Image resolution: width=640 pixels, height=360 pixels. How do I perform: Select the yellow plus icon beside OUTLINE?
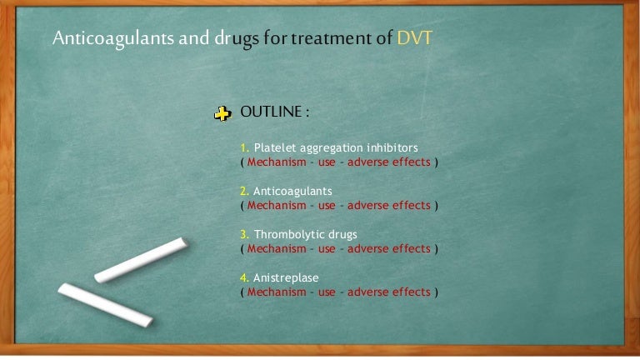coord(222,114)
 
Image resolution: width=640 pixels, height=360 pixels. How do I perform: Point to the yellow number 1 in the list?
coord(243,148)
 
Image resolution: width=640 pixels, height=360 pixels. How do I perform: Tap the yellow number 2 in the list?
coord(244,192)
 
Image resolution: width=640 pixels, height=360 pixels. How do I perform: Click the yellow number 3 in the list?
coord(244,235)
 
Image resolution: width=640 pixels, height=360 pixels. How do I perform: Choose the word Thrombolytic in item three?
coord(288,235)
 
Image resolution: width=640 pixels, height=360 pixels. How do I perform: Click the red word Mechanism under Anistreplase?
coord(276,292)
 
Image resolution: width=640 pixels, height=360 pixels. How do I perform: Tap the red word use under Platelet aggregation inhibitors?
coord(327,162)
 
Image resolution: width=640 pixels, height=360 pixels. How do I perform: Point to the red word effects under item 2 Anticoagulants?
coord(411,206)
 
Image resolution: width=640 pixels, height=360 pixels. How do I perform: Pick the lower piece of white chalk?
coord(105,304)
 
